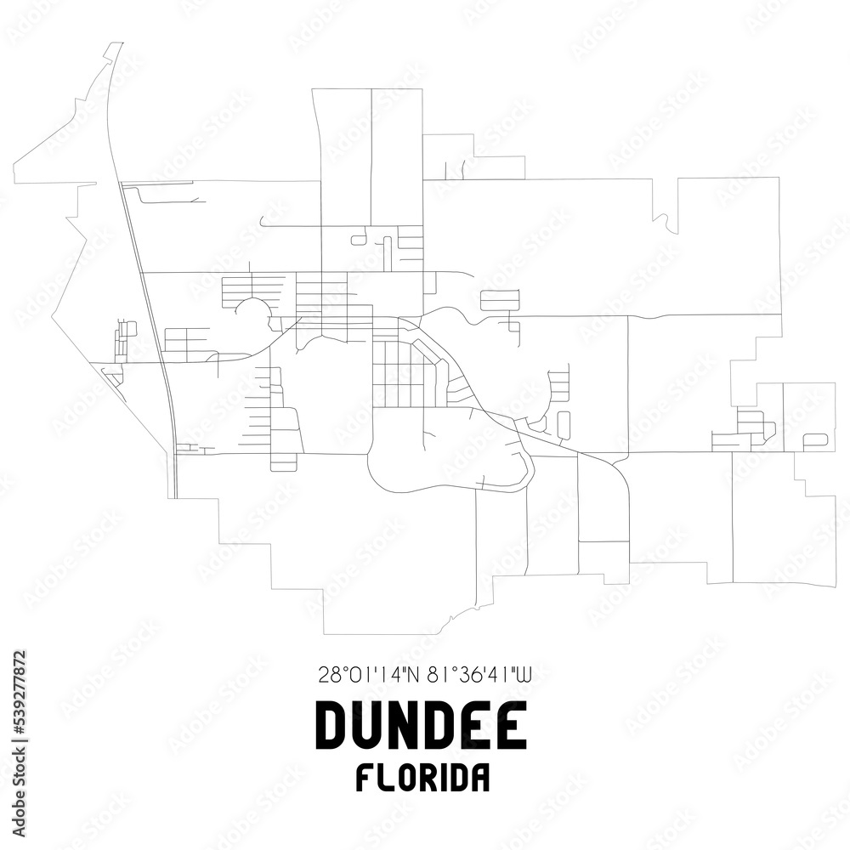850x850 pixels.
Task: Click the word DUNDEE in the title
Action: pyautogui.click(x=421, y=727)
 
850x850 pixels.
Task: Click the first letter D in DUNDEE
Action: pyautogui.click(x=332, y=727)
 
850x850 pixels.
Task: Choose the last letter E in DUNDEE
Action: pyautogui.click(x=511, y=727)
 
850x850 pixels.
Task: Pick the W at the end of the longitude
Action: pyautogui.click(x=524, y=676)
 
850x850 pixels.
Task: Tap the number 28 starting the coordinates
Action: pyautogui.click(x=326, y=676)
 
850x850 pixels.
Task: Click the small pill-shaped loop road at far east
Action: pyautogui.click(x=814, y=439)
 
